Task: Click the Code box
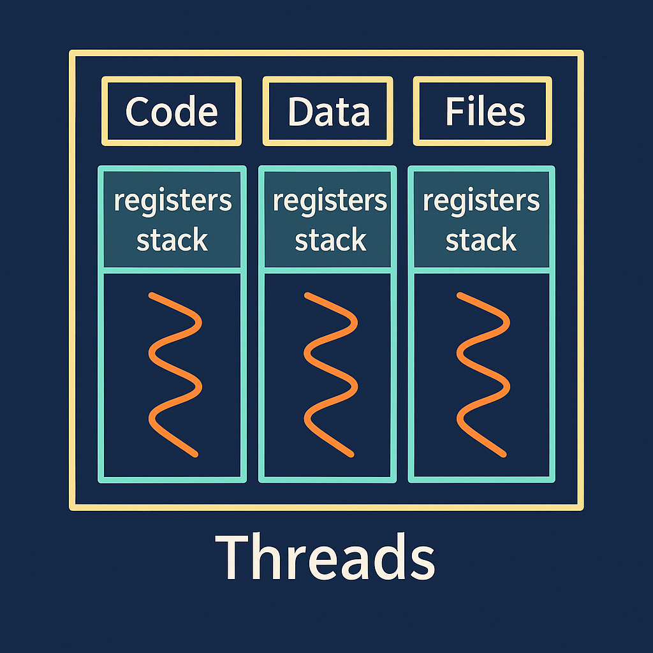coord(172,112)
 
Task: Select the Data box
coord(328,112)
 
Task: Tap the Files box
coord(483,112)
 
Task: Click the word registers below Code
coord(172,202)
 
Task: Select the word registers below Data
coord(330,202)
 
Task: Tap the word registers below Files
coord(481,202)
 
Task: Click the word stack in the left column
coord(172,240)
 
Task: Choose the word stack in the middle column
coord(330,240)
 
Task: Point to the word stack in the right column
coord(481,240)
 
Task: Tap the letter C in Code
coord(138,112)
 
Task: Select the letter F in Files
coord(453,112)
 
